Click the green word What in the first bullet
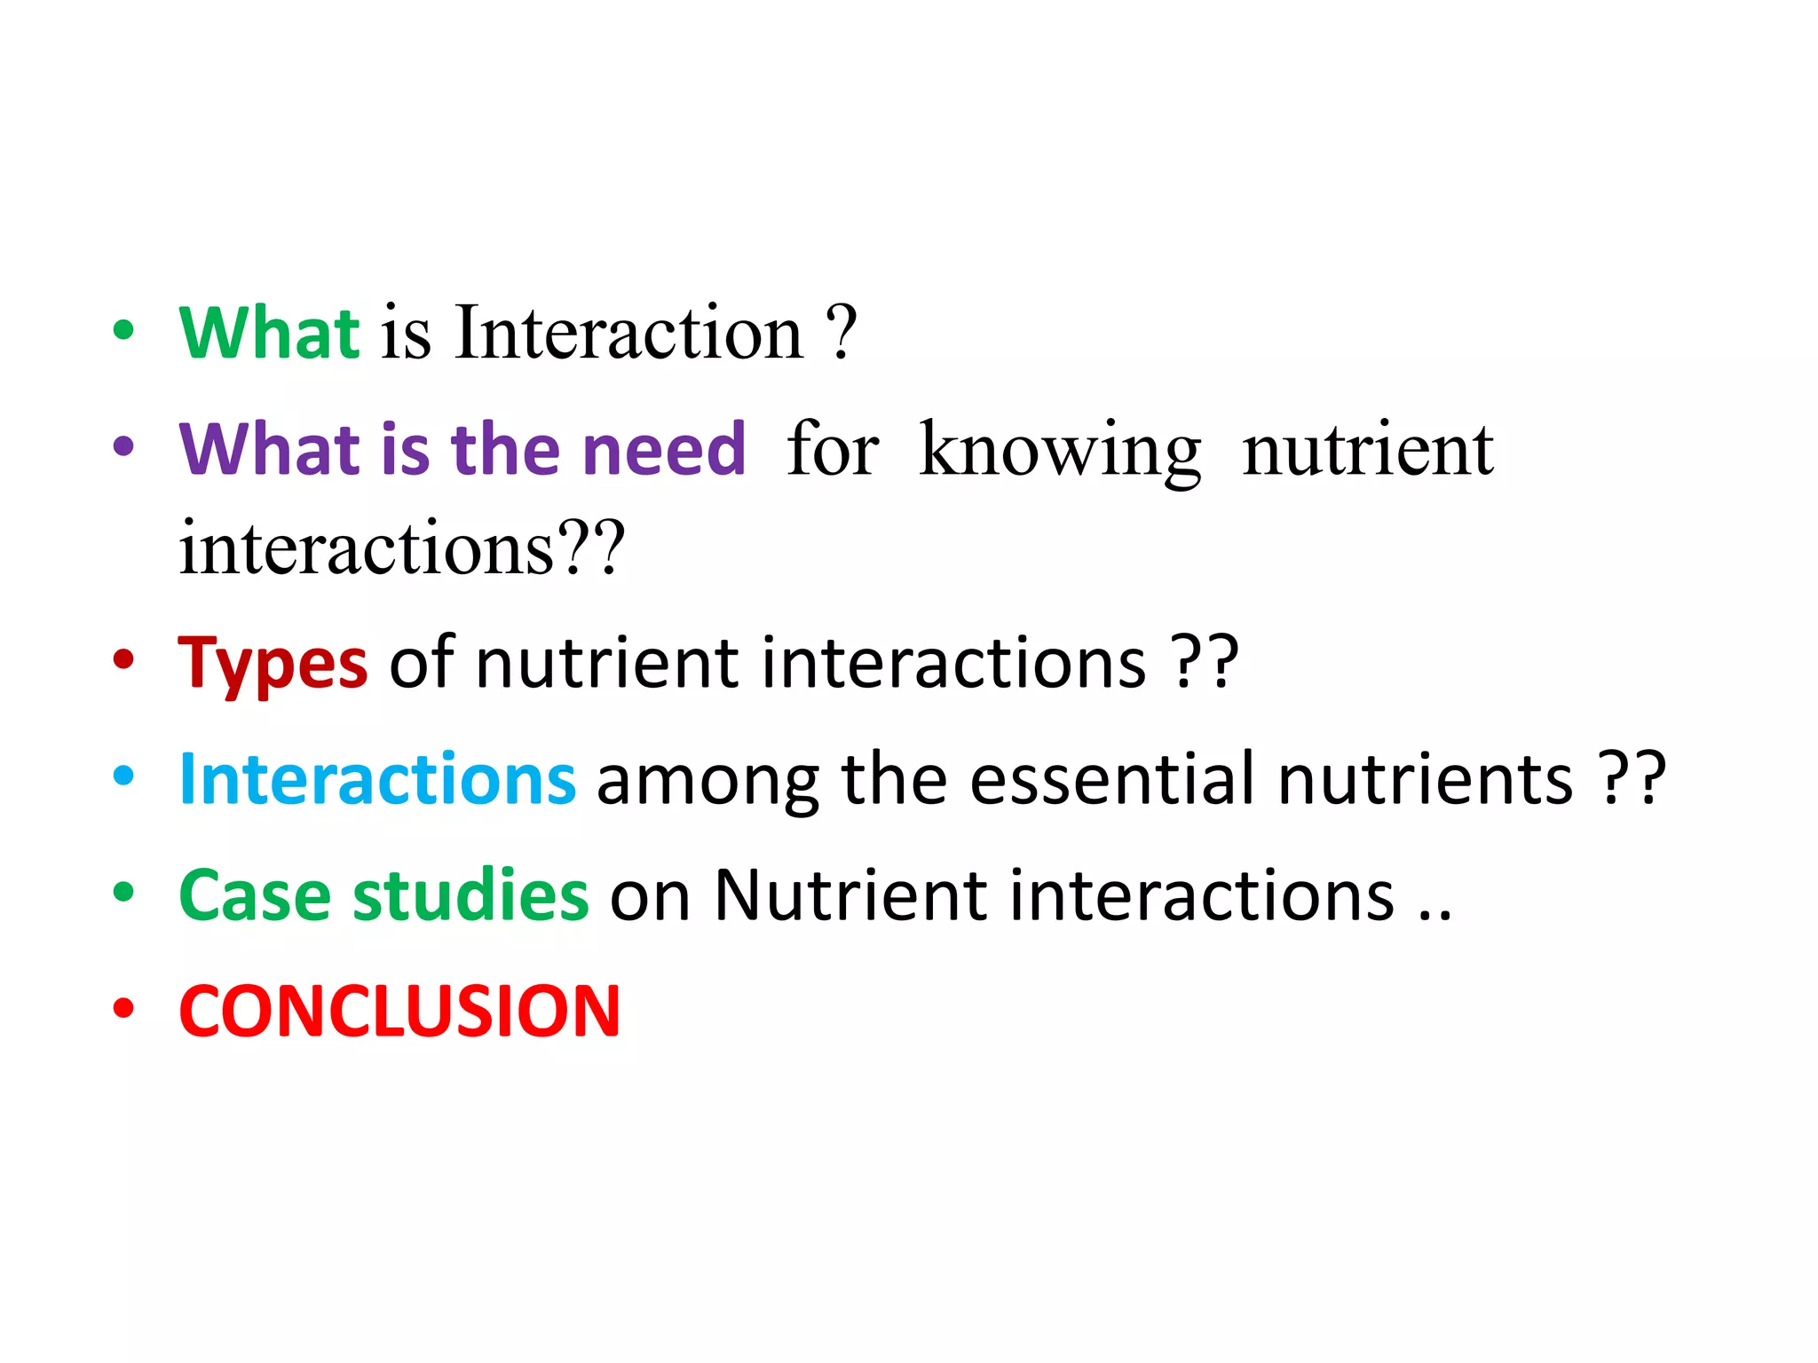pos(269,333)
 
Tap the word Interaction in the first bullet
pos(628,333)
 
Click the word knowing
pos(1060,450)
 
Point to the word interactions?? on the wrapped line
pos(401,548)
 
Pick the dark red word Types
pos(273,664)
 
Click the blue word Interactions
pos(377,779)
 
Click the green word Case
pos(255,895)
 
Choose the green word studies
pos(470,895)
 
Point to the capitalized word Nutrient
pos(850,895)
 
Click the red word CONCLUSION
pos(399,1012)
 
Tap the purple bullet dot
pos(123,446)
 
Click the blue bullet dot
pos(123,776)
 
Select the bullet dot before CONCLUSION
pos(123,1008)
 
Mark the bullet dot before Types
pos(123,659)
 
